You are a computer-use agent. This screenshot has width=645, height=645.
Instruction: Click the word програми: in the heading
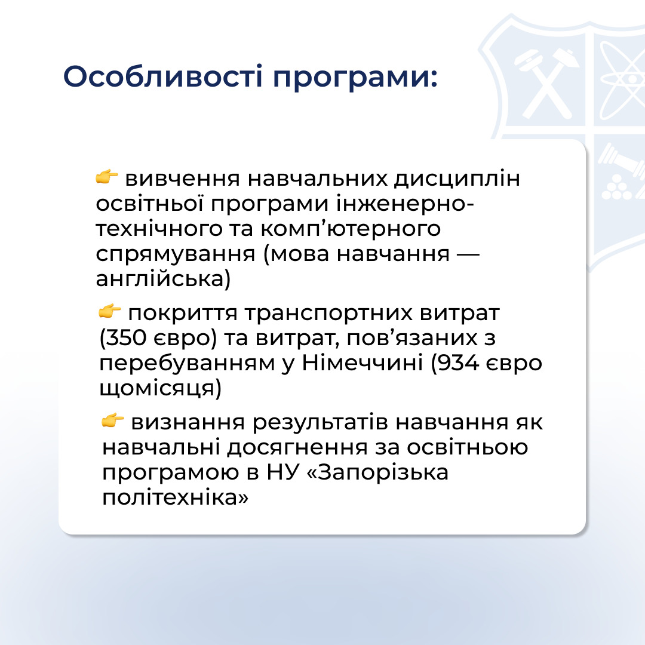pyautogui.click(x=355, y=78)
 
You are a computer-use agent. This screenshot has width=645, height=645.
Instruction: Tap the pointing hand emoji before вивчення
pyautogui.click(x=107, y=176)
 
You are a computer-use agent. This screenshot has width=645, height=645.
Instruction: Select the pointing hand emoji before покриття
pyautogui.click(x=110, y=311)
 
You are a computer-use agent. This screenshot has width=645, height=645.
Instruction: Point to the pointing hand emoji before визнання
pyautogui.click(x=113, y=420)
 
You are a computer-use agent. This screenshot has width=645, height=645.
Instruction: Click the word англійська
pyautogui.click(x=161, y=278)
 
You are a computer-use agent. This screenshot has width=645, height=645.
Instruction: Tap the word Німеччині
pyautogui.click(x=363, y=363)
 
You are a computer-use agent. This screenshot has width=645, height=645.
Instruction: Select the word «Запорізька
pyautogui.click(x=377, y=472)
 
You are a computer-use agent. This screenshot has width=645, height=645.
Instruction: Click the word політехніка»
pyautogui.click(x=175, y=497)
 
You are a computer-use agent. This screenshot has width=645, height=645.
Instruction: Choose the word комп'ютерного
pyautogui.click(x=351, y=229)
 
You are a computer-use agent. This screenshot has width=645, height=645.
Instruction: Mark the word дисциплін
pyautogui.click(x=457, y=180)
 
